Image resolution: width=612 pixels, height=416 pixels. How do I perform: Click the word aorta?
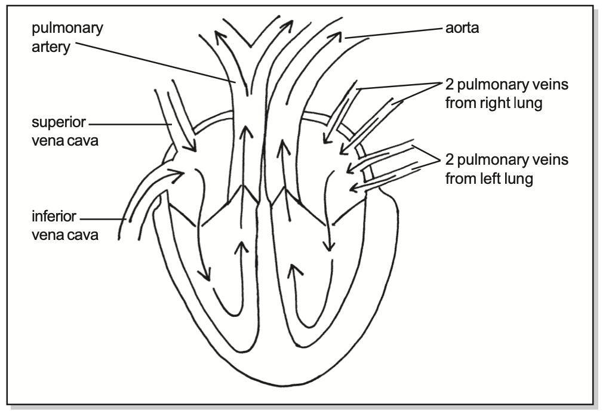click(x=462, y=28)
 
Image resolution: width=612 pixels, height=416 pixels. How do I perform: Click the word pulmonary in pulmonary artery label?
click(x=67, y=28)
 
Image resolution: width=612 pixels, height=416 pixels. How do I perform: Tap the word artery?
click(x=51, y=47)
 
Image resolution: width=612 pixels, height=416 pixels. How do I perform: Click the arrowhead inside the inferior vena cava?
click(x=179, y=173)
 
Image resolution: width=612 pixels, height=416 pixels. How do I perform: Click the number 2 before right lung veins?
click(x=450, y=85)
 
